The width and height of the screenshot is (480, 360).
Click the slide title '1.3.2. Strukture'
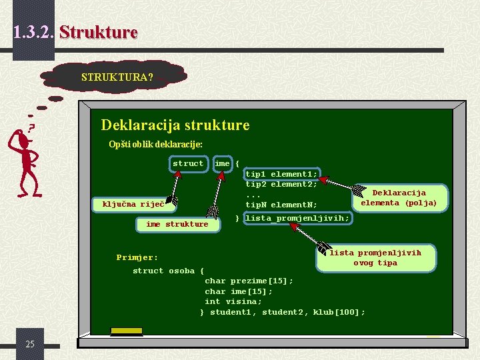(x=75, y=31)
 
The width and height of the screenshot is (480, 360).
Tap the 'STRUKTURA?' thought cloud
(x=117, y=77)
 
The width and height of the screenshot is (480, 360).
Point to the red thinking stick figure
(x=25, y=160)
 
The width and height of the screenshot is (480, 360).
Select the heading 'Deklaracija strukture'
(x=175, y=125)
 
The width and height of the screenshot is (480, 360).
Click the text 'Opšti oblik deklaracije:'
(x=155, y=144)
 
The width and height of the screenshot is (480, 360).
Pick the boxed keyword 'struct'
(x=188, y=163)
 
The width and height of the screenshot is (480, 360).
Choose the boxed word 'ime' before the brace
(x=223, y=163)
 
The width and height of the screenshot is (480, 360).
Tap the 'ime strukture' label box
(x=177, y=224)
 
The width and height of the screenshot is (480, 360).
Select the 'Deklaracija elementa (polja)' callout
(x=399, y=198)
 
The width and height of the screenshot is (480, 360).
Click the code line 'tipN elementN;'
(x=281, y=205)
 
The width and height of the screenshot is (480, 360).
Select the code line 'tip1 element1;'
(x=281, y=174)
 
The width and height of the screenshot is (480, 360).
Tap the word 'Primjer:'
(x=137, y=257)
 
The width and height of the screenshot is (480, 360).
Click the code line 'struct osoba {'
(x=169, y=271)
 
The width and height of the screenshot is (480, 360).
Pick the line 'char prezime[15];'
(x=249, y=281)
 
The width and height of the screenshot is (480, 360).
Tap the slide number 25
(x=30, y=344)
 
